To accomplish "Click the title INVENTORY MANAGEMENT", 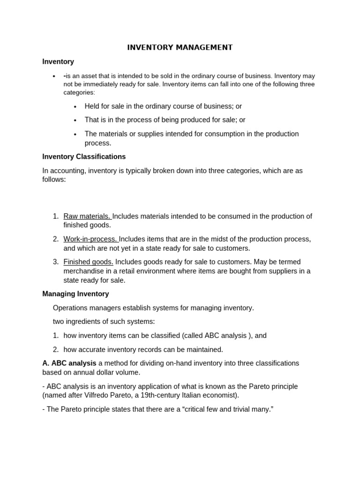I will coord(180,47).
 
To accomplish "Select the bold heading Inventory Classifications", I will coord(84,157).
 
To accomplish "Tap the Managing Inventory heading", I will coord(75,294).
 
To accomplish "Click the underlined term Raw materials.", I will coord(87,216).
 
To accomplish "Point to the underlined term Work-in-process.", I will coord(90,239).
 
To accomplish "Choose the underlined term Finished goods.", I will coord(88,262).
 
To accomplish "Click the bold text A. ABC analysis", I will coord(69,363).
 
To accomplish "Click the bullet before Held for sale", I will coord(75,107).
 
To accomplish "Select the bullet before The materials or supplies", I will coord(75,135).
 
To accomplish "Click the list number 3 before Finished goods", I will coord(55,262).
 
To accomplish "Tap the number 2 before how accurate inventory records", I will coord(55,350).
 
